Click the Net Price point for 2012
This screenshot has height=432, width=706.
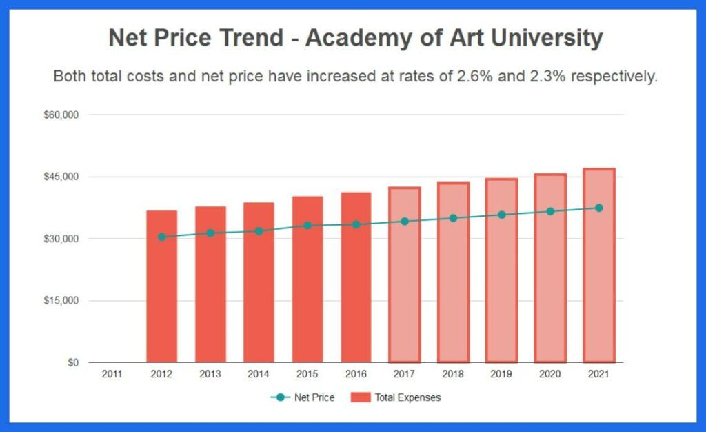tap(161, 237)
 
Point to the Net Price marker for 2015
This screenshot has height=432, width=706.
tap(307, 226)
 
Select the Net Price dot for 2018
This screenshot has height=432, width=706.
tap(453, 218)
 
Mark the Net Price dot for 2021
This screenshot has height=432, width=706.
tap(598, 208)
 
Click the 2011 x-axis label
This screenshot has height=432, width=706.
tap(112, 375)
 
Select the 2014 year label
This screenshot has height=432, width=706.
tap(259, 375)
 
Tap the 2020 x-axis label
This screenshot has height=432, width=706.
tap(549, 375)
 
